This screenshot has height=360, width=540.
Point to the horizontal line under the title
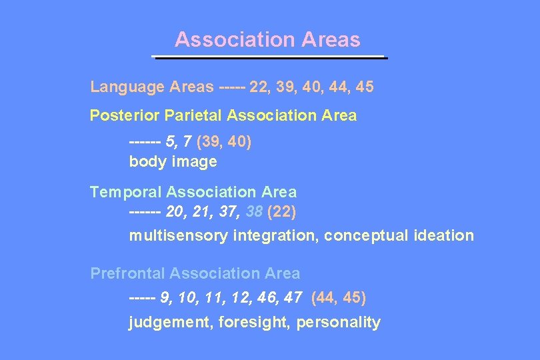pyautogui.click(x=270, y=58)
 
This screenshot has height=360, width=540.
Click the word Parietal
pyautogui.click(x=193, y=116)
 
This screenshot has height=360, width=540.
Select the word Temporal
pyautogui.click(x=125, y=193)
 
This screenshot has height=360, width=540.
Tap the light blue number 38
pyautogui.click(x=253, y=213)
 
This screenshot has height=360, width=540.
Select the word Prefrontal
pyautogui.click(x=127, y=273)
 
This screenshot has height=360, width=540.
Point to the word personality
pyautogui.click(x=338, y=323)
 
